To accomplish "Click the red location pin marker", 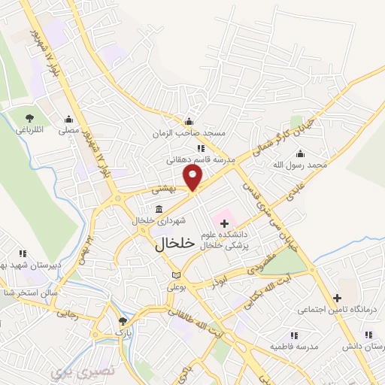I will tap(194, 178).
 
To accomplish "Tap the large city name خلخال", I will tap(174, 244).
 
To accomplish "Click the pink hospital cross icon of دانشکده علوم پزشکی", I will tap(224, 223).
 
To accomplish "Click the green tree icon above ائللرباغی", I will tap(29, 118).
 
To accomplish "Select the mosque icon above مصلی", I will tap(69, 119).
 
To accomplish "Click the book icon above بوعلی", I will tap(177, 275).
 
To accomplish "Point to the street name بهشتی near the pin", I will tap(162, 191).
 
